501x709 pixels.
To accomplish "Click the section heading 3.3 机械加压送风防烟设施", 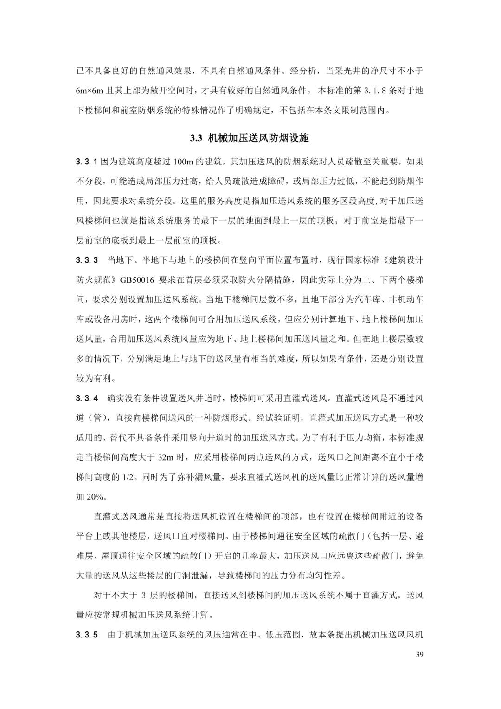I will pos(250,138).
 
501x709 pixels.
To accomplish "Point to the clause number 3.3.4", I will pos(87,398).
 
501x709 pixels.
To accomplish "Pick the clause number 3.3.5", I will pos(87,635).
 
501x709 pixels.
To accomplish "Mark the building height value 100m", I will pos(186,162).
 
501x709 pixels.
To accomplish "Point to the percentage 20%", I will pos(96,497).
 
